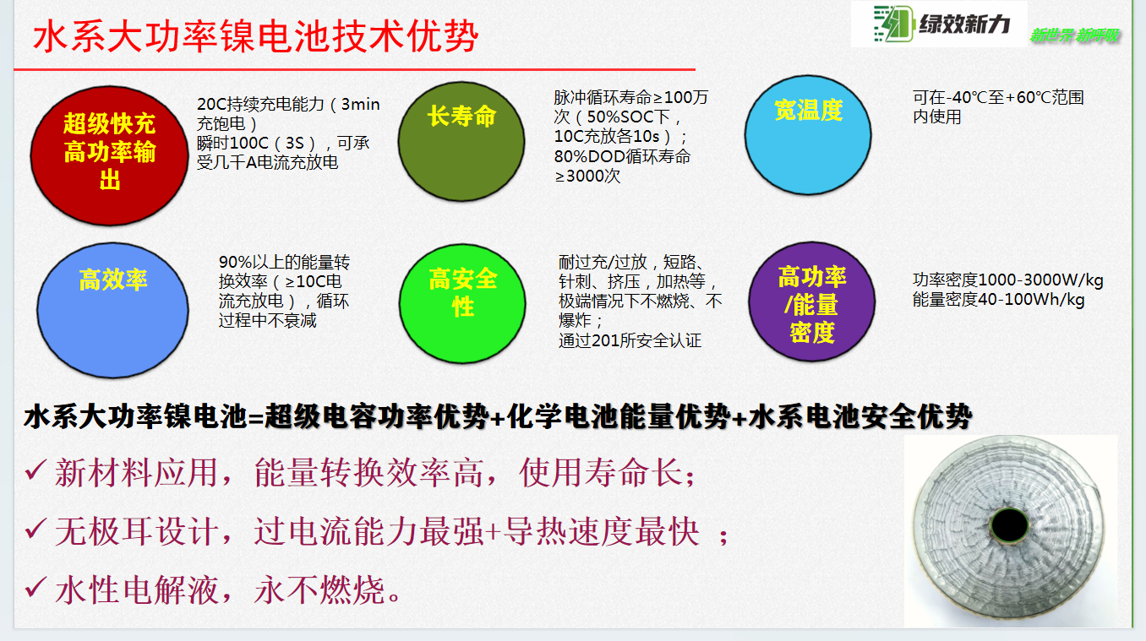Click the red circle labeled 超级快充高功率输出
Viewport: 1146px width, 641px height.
click(110, 156)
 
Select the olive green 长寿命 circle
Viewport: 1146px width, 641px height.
click(461, 142)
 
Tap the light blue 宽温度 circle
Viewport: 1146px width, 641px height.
click(808, 135)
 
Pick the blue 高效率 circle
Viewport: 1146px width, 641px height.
click(112, 310)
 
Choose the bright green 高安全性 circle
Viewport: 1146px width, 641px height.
click(462, 304)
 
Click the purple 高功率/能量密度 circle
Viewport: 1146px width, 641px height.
click(812, 301)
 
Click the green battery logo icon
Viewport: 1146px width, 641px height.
click(893, 23)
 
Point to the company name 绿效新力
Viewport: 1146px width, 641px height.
click(964, 24)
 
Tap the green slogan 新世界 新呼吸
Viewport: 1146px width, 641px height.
click(1074, 35)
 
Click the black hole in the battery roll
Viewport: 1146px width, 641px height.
click(1009, 525)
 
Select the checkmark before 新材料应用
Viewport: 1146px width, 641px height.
click(35, 470)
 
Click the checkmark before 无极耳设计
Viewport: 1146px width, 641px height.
click(35, 529)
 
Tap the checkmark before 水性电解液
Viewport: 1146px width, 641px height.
click(35, 587)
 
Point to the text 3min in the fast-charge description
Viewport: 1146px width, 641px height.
click(361, 104)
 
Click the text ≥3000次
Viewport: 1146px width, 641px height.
click(587, 177)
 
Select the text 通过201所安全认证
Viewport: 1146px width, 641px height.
click(630, 340)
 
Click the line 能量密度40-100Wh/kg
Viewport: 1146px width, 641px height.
click(999, 300)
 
